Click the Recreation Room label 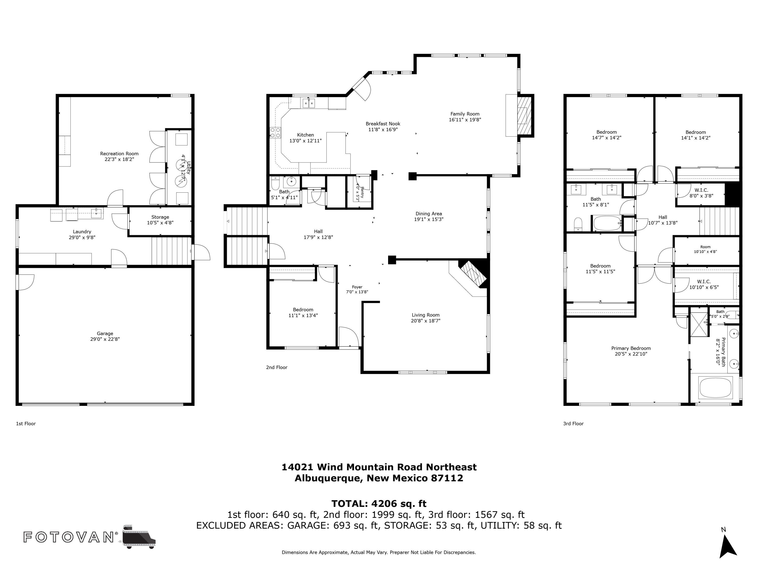119,154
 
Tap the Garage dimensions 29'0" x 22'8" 105,339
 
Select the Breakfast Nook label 383,124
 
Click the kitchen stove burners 275,133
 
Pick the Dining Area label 429,214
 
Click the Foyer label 357,287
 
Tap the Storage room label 160,217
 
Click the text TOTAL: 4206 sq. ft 379,504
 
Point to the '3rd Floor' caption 573,424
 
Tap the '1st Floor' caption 26,424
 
